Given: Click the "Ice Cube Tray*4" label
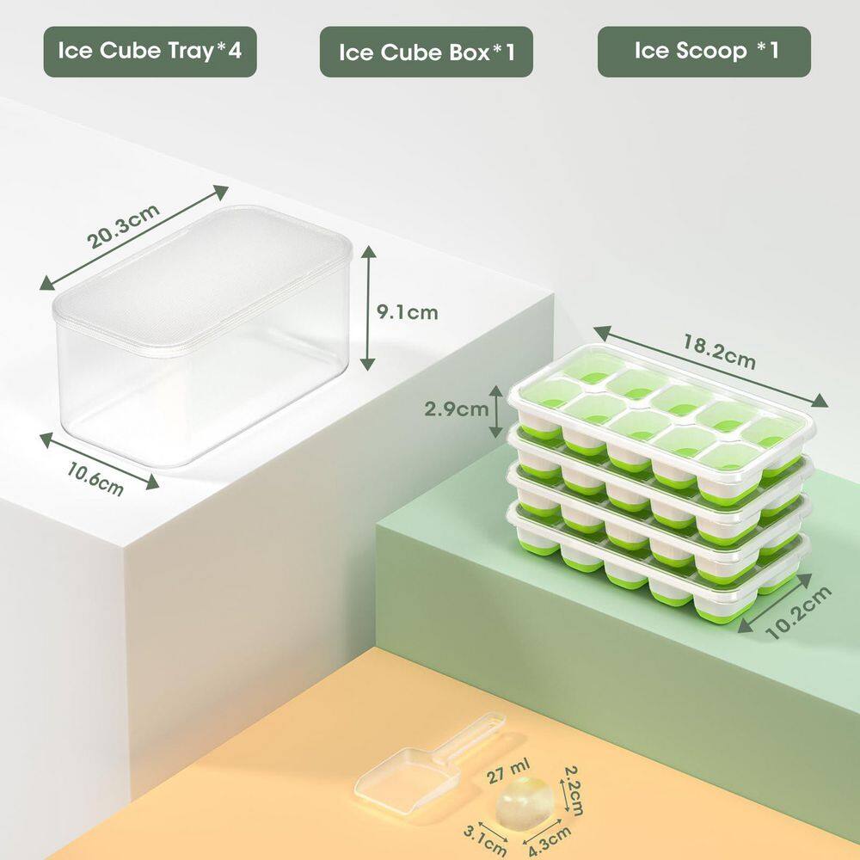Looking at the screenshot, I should pos(150,52).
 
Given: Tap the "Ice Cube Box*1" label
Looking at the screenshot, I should pos(427,52).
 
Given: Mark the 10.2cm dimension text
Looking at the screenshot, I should pos(800,612).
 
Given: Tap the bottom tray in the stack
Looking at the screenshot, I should pos(662,585).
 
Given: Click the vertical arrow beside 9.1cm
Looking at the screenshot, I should pos(369,306).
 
